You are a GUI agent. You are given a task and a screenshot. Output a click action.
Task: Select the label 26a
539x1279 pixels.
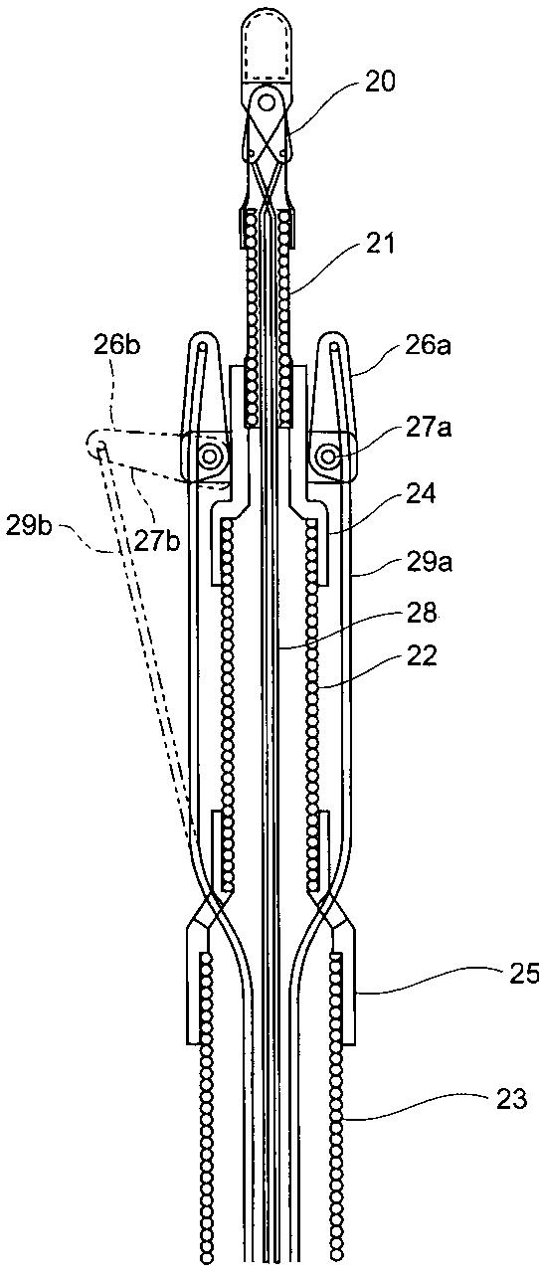pyautogui.click(x=430, y=345)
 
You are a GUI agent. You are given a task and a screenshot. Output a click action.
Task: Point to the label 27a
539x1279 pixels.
pyautogui.click(x=430, y=427)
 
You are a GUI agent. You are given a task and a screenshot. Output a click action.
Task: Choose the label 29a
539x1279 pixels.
pyautogui.click(x=431, y=563)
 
